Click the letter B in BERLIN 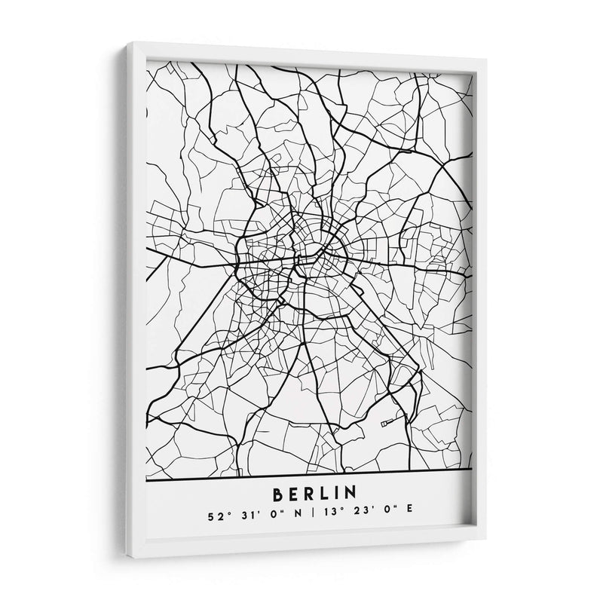tap(278, 494)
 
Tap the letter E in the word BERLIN tap(297, 494)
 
